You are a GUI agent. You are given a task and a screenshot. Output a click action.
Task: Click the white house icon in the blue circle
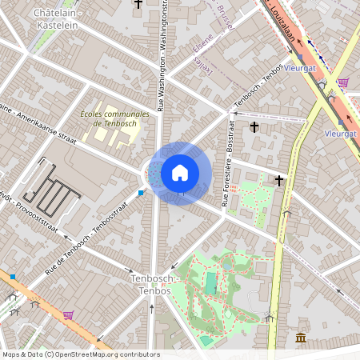tap(180, 172)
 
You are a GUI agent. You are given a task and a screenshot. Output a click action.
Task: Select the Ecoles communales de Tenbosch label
tap(114, 118)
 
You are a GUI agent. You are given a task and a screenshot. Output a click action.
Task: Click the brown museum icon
tap(301, 338)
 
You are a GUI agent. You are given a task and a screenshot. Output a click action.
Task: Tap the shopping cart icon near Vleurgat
tap(342, 82)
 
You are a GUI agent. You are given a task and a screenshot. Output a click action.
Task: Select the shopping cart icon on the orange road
tap(68, 314)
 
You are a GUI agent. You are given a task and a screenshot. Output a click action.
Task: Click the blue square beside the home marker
tap(141, 192)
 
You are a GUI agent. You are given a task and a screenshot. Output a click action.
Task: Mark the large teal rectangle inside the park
tap(210, 282)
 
